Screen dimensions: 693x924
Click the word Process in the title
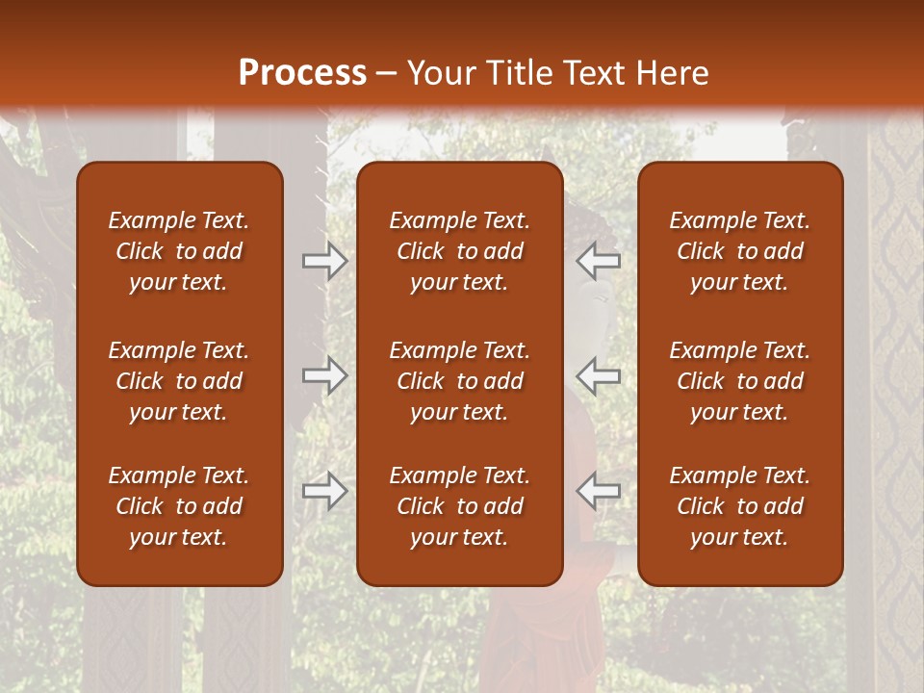[x=302, y=73]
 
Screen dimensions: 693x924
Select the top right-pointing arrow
[x=325, y=260]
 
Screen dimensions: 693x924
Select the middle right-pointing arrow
[x=325, y=375]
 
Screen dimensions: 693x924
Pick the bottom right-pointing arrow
[x=325, y=491]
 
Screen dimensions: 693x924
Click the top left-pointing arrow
[x=599, y=260]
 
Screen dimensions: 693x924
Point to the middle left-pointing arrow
[x=599, y=375]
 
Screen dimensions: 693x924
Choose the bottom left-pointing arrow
[x=599, y=491]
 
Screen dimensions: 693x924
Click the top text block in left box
[x=179, y=251]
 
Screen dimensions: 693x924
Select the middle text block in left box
[x=179, y=381]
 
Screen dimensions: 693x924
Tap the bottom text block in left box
[x=179, y=506]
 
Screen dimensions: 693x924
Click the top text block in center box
[x=460, y=251]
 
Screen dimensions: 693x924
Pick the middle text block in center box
[x=460, y=381]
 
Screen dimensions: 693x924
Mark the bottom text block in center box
[x=460, y=506]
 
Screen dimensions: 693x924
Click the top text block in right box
[x=740, y=251]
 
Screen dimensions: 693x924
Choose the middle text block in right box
[x=740, y=381]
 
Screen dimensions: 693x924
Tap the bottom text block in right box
[x=740, y=506]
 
